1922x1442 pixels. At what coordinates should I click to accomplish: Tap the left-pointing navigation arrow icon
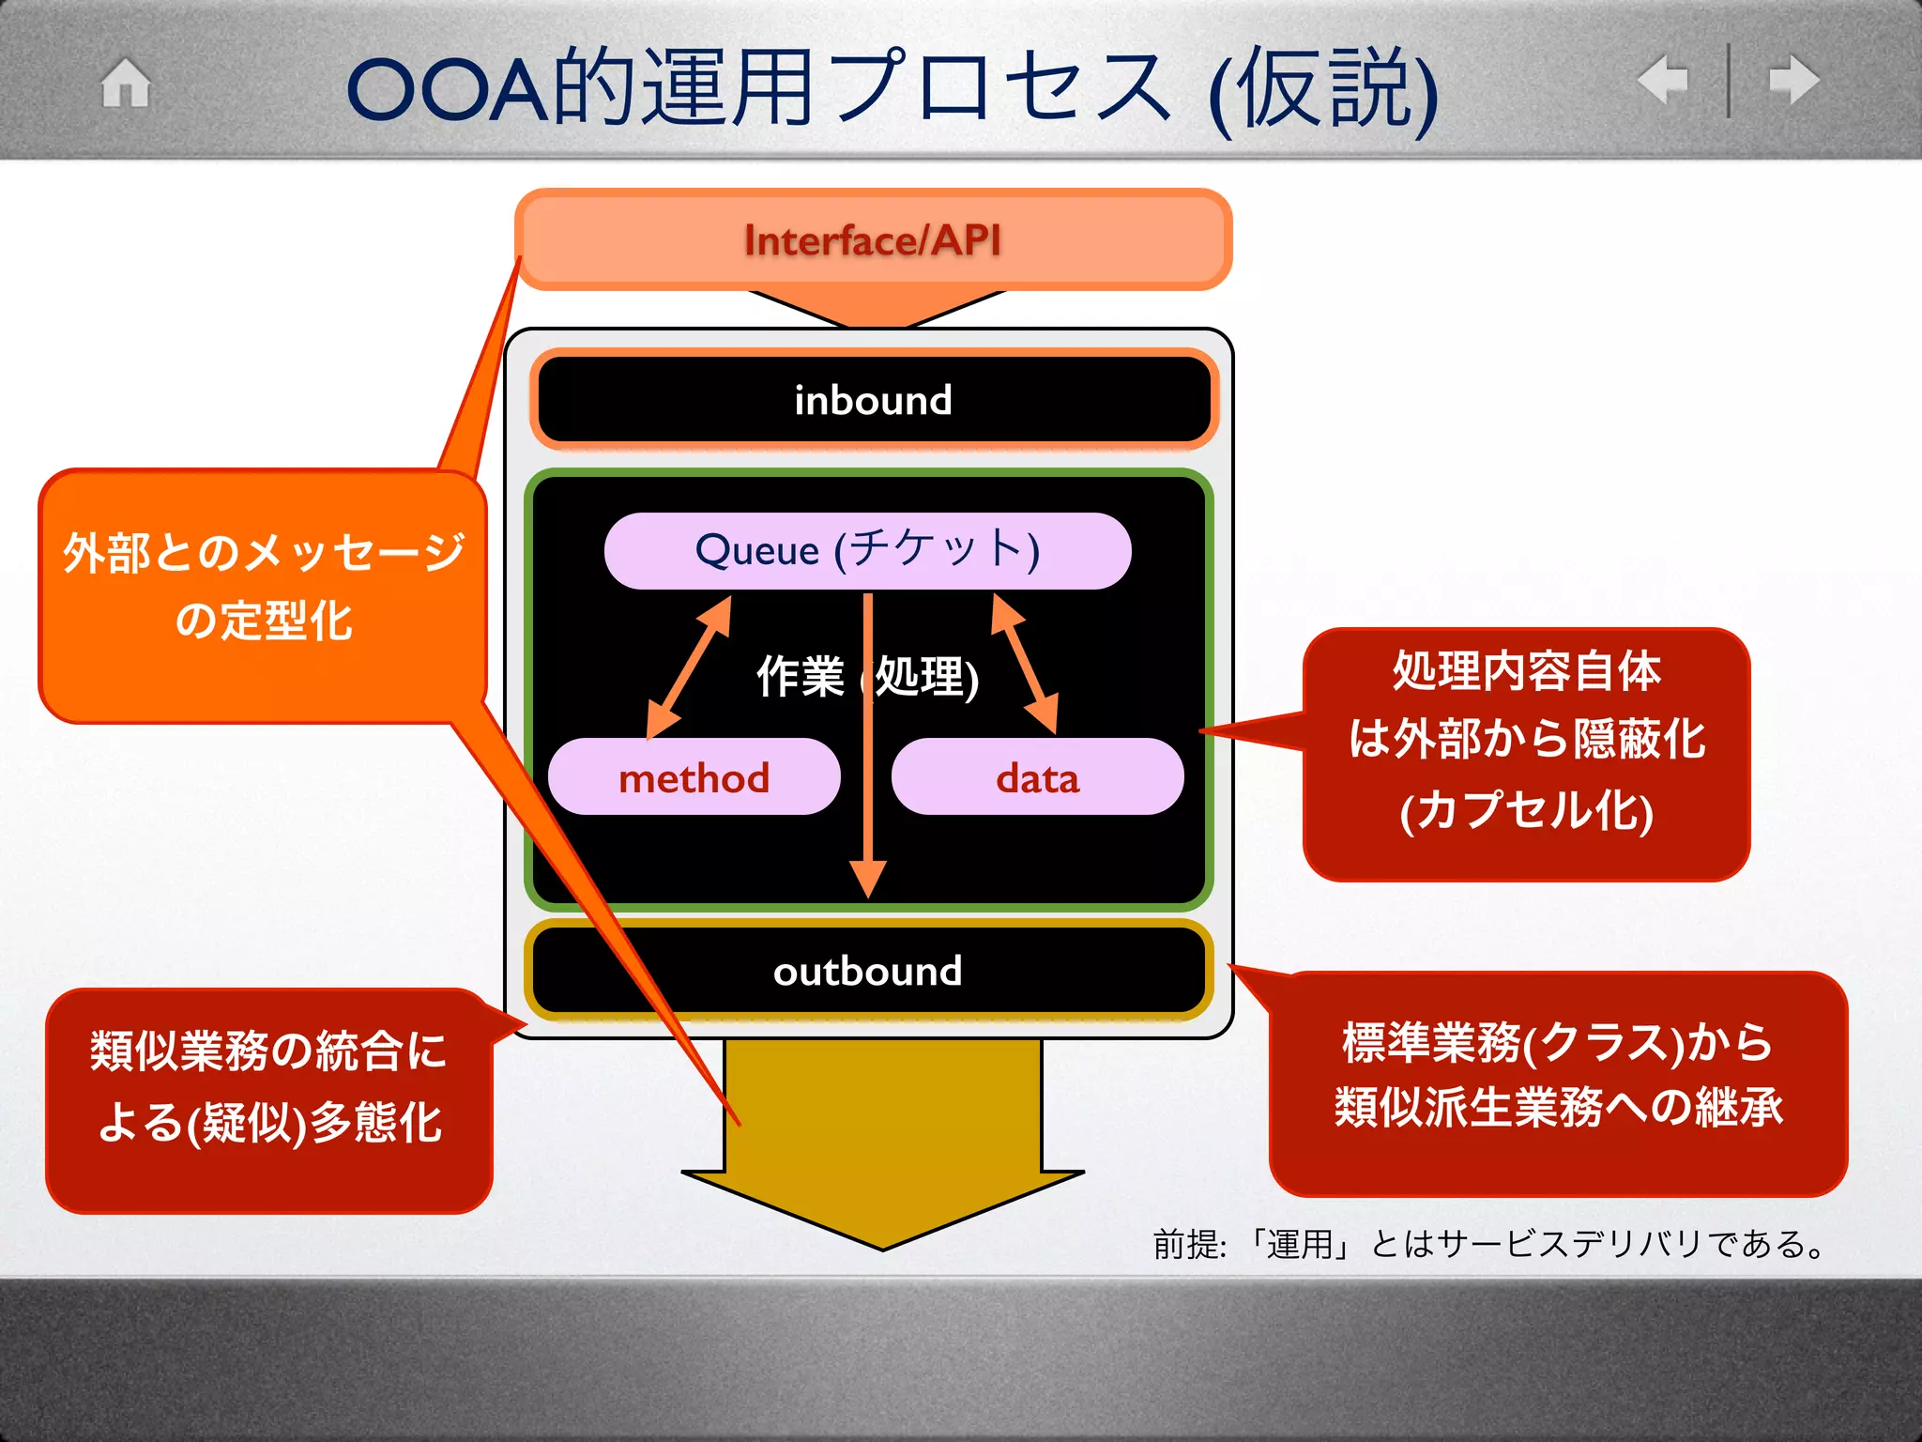1663,80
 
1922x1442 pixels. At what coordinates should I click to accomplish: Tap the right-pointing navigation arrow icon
1793,80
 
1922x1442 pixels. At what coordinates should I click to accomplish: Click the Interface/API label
873,240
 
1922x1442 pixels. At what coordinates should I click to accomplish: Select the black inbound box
873,400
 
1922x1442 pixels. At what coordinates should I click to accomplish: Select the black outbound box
868,971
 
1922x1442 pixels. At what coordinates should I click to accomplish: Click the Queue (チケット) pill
868,550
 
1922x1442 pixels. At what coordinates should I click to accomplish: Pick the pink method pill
694,777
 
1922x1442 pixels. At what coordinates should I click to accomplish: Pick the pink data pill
1037,777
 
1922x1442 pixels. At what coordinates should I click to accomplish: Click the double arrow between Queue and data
1025,665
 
